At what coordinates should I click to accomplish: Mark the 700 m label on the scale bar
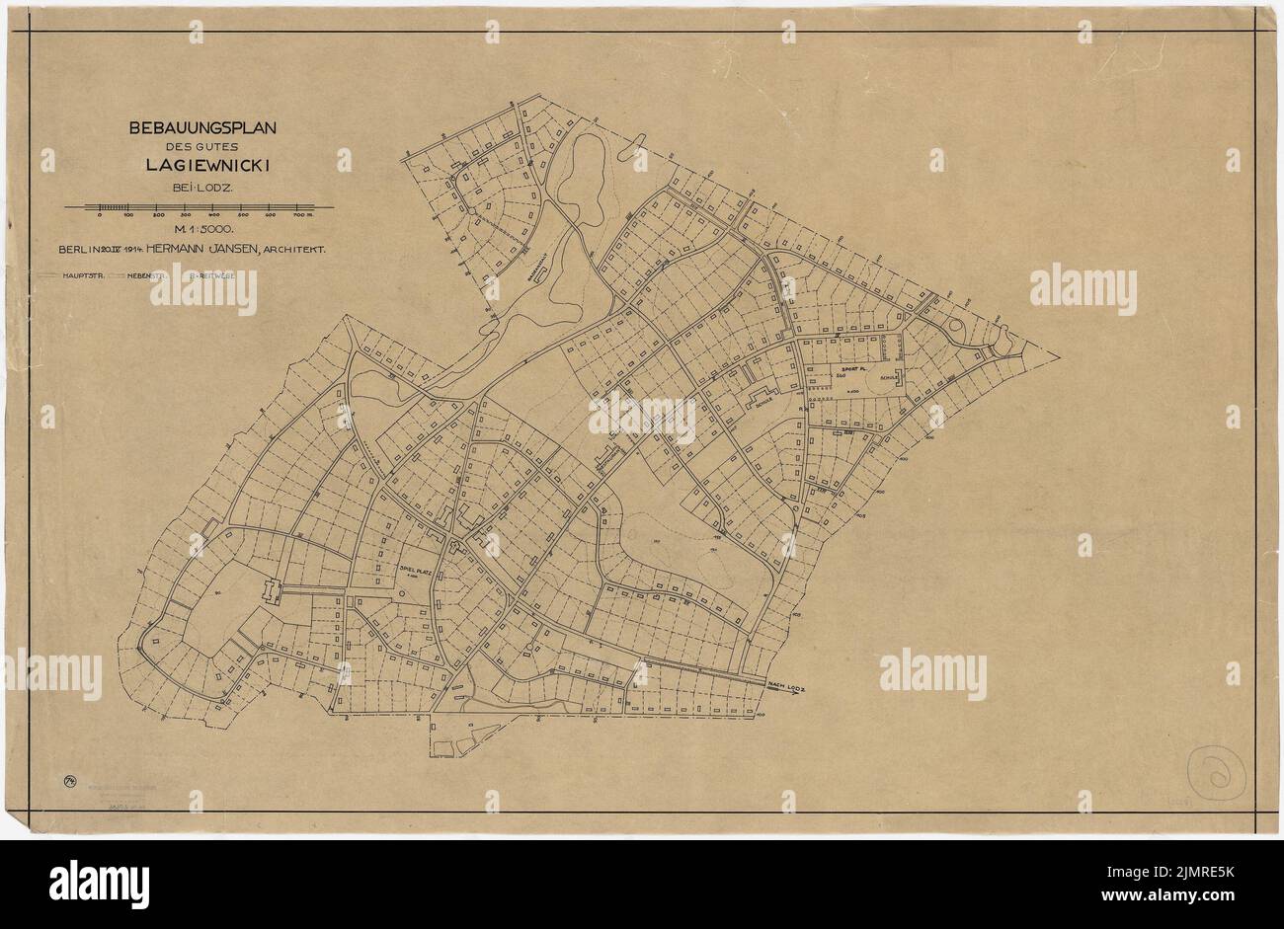(x=302, y=215)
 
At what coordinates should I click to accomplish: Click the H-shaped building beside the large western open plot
(x=269, y=591)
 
